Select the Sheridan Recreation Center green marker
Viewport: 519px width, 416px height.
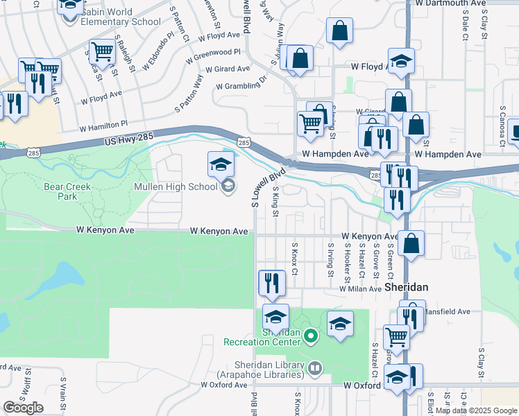pos(311,337)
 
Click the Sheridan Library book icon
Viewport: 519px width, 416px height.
pos(315,367)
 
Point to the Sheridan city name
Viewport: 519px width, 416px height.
pos(406,287)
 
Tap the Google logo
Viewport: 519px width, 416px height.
pos(23,408)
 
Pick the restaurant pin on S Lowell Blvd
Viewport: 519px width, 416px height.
pos(270,282)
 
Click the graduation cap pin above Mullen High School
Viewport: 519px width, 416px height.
pos(221,164)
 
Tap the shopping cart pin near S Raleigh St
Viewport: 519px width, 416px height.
pos(102,51)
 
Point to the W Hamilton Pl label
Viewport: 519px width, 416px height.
pos(103,126)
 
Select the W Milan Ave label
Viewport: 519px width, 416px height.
pos(360,289)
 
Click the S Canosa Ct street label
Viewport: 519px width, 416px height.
pos(501,129)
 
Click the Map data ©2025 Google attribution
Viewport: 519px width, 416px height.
pos(477,410)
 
